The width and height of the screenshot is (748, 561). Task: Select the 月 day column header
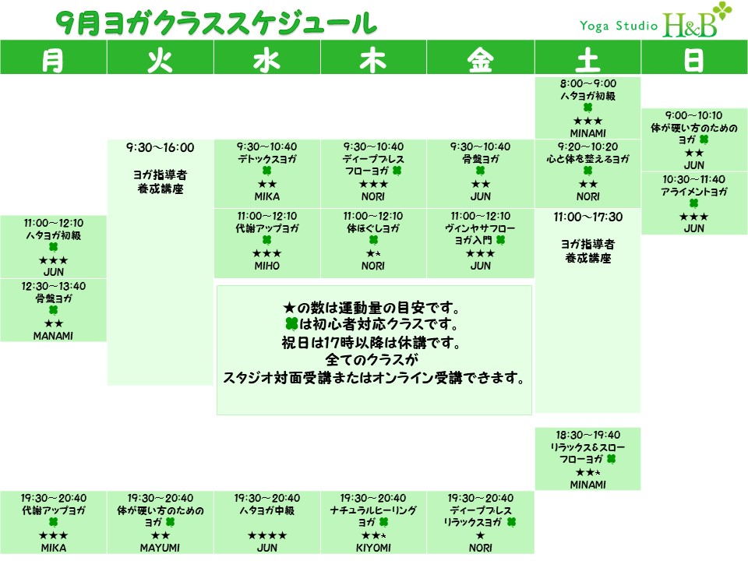point(53,61)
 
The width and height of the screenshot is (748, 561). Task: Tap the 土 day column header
point(587,61)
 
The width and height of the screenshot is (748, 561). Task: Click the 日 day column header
point(693,61)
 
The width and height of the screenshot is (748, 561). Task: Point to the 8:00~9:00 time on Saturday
point(587,83)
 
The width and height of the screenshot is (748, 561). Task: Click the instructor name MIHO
point(266,266)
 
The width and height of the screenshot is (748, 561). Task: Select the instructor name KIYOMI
point(373,548)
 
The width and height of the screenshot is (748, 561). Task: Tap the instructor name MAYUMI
point(160,548)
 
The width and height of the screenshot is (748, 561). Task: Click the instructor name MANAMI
point(53,336)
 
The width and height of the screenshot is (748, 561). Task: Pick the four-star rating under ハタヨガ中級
point(266,535)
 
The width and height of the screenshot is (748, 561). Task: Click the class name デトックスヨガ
point(266,159)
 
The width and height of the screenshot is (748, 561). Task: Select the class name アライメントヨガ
point(693,192)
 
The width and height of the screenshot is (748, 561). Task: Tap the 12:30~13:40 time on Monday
point(54,286)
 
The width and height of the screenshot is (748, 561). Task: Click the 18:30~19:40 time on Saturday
point(587,435)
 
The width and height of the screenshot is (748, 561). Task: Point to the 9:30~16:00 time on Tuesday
point(160,147)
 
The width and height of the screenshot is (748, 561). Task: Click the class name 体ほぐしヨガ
point(373,228)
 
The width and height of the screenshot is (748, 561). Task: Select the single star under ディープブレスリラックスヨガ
point(480,535)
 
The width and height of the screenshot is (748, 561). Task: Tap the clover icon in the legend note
point(291,324)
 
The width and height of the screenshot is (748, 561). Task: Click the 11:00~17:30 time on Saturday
point(587,217)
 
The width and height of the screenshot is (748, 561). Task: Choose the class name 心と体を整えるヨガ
point(587,159)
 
